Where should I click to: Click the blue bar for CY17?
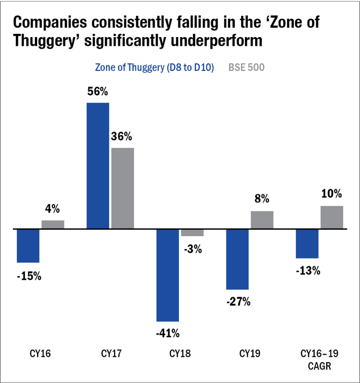pyautogui.click(x=98, y=165)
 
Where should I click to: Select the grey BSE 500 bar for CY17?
pyautogui.click(x=123, y=188)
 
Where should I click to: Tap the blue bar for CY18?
pyautogui.click(x=168, y=275)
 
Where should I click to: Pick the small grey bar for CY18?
pyautogui.click(x=193, y=232)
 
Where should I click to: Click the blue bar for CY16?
pyautogui.click(x=28, y=246)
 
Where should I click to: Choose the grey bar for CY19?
pyautogui.click(x=262, y=219)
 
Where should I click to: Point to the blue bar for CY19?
pyautogui.click(x=238, y=259)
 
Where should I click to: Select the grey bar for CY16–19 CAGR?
pyautogui.click(x=332, y=217)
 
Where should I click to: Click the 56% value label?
pyautogui.click(x=98, y=92)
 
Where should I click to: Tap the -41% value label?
pyautogui.click(x=167, y=333)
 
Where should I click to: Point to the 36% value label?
pyautogui.click(x=123, y=136)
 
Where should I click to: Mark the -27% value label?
pyautogui.click(x=237, y=301)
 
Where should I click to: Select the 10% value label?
pyautogui.click(x=332, y=194)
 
